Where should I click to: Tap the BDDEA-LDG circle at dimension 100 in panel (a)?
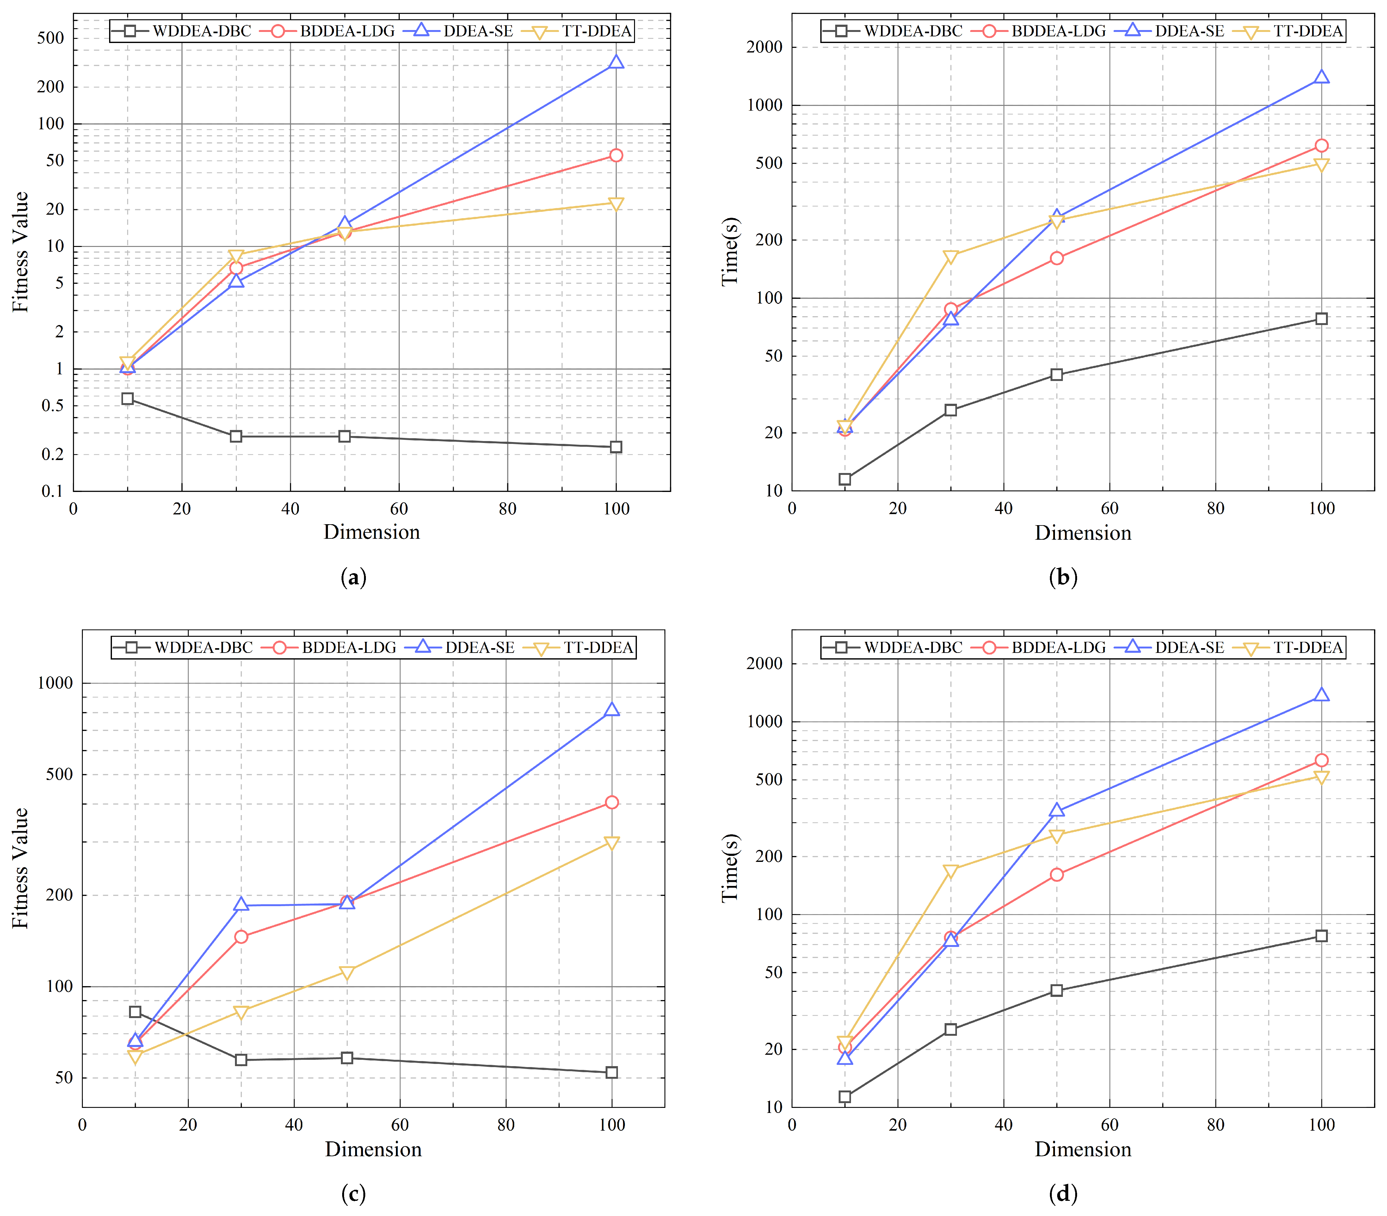click(615, 155)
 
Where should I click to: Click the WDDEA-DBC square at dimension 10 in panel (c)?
click(135, 1012)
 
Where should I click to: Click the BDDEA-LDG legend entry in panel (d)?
click(1038, 647)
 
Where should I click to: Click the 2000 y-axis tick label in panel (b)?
click(764, 47)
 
